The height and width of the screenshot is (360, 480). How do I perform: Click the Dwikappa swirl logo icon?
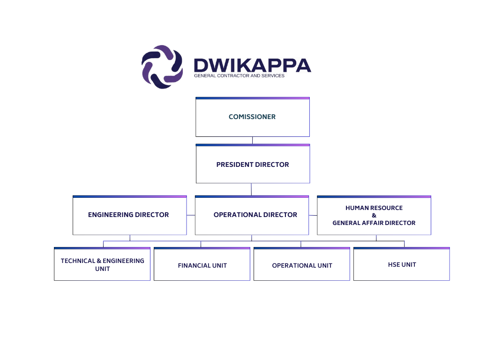tap(162, 67)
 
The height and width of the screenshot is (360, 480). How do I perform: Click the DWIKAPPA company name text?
tap(252, 65)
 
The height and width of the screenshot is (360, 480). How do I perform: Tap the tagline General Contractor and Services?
tap(239, 75)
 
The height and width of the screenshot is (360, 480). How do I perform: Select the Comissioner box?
tap(252, 117)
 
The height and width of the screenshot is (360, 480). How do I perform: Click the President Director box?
tap(253, 165)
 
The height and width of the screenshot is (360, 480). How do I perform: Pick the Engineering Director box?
tap(129, 215)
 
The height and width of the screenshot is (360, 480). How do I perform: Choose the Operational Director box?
tap(252, 215)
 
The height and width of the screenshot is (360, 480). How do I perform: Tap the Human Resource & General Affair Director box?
tap(374, 216)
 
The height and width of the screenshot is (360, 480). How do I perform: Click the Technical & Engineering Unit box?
tap(102, 265)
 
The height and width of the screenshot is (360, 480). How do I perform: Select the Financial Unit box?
tap(202, 265)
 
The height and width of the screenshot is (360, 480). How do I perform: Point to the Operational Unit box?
tap(302, 265)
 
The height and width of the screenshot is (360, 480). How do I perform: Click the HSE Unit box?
tap(402, 265)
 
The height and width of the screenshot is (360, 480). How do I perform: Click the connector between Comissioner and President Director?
tap(252, 140)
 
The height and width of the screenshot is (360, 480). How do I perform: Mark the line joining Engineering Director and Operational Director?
tap(191, 215)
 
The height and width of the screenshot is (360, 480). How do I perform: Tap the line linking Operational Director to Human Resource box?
tap(313, 215)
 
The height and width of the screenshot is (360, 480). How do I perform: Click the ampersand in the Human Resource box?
tap(374, 216)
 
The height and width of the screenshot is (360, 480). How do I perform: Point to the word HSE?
tap(395, 265)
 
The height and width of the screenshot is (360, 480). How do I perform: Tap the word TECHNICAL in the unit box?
tap(77, 261)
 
